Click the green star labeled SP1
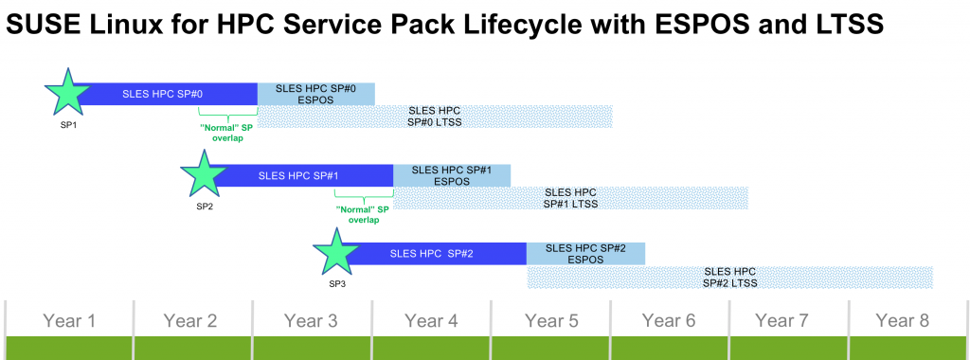click(67, 92)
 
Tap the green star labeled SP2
click(204, 173)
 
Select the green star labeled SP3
click(336, 252)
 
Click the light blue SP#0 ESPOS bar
click(316, 94)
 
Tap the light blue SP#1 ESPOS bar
click(452, 175)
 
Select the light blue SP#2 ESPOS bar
click(585, 254)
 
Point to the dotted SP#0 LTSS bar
click(435, 117)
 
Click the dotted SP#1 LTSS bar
click(571, 198)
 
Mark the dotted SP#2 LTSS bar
click(730, 278)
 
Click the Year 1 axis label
click(69, 320)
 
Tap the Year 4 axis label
click(431, 320)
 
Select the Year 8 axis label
click(903, 320)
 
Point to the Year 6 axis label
click(669, 320)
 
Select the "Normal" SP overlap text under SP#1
click(363, 214)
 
